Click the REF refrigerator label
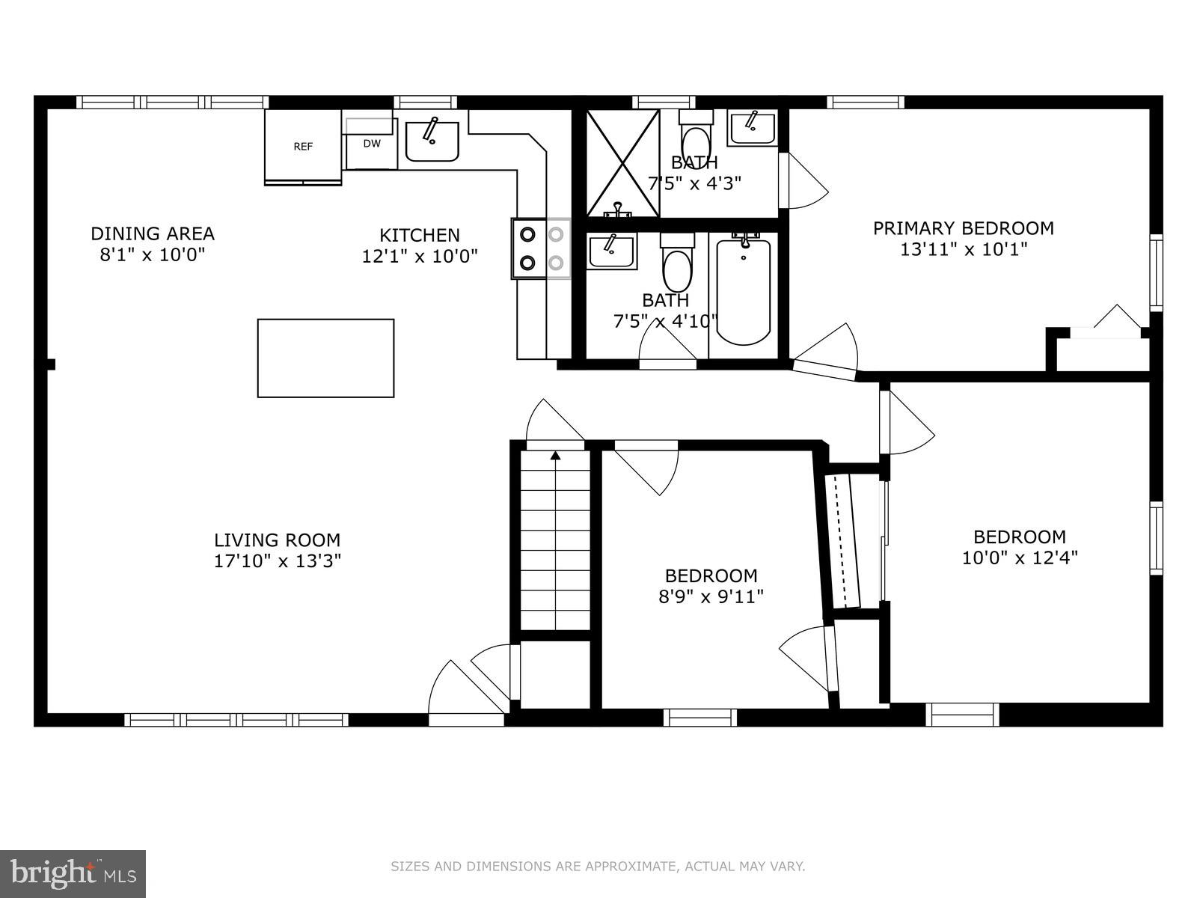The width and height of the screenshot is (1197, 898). coord(303,147)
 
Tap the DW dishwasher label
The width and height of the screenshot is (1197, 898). coord(372,144)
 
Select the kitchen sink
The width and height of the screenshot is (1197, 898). coord(432,141)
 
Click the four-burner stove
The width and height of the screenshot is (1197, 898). coord(541,248)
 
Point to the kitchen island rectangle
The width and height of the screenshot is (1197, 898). coord(325,358)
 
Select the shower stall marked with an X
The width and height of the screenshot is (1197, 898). coord(622,163)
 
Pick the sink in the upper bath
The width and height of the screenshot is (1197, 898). coord(752,129)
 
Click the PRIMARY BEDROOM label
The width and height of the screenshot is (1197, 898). coord(963,228)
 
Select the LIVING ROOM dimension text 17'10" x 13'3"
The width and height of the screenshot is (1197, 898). coord(278,561)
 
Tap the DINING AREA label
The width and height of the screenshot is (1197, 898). coord(153,233)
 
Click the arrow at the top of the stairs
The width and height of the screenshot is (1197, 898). coord(556,454)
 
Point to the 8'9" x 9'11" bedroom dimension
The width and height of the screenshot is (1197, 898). coord(711,596)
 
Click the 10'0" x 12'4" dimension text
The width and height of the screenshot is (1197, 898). coord(1019,558)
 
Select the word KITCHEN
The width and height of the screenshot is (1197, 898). coord(420,235)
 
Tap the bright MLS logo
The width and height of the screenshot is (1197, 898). coord(73,873)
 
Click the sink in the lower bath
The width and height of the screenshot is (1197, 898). coord(610,251)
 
